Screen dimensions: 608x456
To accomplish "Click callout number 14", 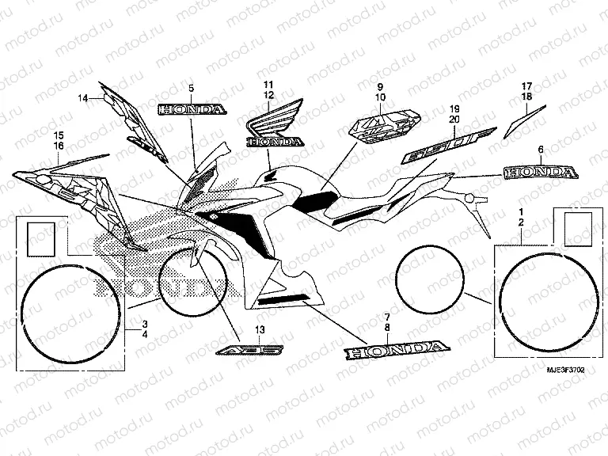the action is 82,98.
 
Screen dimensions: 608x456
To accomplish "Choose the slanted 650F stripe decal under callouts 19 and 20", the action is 447,146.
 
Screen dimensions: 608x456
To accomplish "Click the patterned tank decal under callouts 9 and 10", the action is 383,125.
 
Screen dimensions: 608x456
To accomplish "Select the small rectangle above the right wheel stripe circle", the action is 576,226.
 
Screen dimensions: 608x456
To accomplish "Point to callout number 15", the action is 59,135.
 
